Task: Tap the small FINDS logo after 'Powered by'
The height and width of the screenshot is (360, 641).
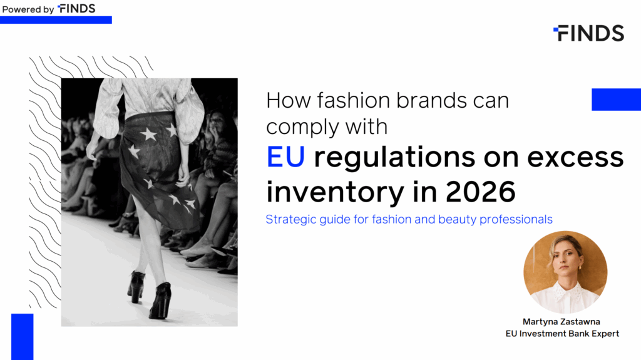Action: [76, 9]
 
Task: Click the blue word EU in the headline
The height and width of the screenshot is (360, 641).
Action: [285, 157]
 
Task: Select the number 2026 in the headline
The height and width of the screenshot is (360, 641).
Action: [480, 192]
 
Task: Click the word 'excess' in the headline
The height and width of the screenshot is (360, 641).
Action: [576, 158]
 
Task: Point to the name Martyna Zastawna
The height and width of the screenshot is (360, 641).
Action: [562, 322]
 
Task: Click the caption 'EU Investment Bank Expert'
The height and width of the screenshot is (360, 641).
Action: [563, 334]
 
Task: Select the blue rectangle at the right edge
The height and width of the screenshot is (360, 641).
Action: [617, 100]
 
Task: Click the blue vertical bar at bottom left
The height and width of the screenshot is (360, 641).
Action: [22, 337]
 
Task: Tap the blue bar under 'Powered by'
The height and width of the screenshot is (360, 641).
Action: [56, 20]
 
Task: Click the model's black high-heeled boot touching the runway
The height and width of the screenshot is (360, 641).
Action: [161, 301]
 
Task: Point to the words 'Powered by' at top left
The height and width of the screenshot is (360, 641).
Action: [28, 9]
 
